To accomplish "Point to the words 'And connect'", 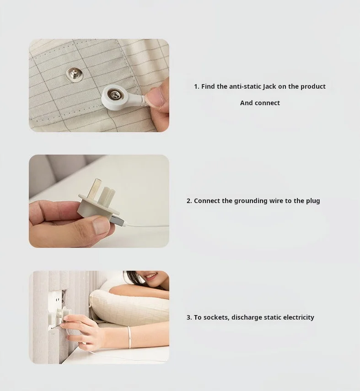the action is (260, 103).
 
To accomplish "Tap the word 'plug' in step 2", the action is (313, 201).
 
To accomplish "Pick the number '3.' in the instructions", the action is (189, 317).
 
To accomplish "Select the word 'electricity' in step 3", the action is (299, 317).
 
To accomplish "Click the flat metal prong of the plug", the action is (95, 187).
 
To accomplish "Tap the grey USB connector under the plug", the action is (118, 221).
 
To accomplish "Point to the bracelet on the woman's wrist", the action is (129, 337).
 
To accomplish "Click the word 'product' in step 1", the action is (313, 86).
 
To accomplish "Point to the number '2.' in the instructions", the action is (189, 201).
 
